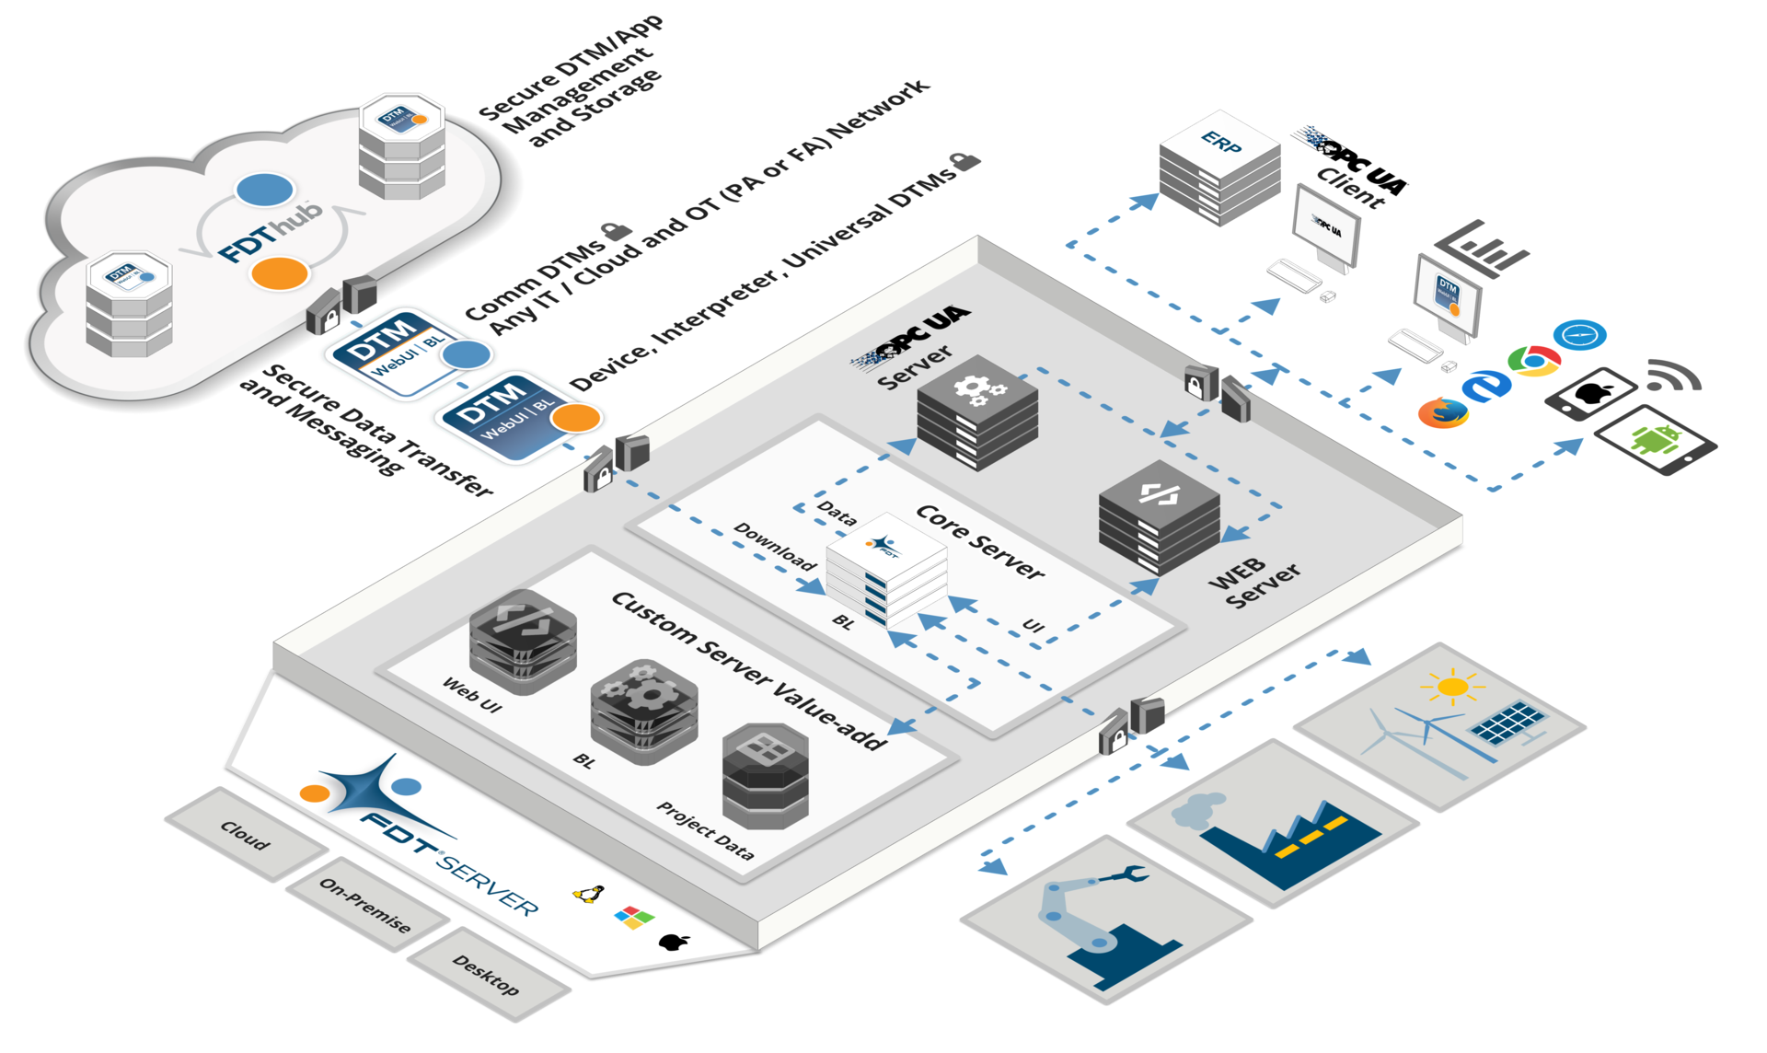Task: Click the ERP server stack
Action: point(1219,170)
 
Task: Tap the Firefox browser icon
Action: point(1442,412)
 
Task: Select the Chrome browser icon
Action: point(1533,360)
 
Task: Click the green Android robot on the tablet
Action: point(1655,439)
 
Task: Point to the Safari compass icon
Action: point(1579,335)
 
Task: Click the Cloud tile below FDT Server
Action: point(246,834)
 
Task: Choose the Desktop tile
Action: point(487,975)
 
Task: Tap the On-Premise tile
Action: point(366,904)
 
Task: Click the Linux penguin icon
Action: point(589,893)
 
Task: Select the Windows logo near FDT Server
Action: point(634,917)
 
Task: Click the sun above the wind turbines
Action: point(1452,687)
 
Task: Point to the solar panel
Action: point(1507,723)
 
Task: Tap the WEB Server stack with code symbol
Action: point(1160,517)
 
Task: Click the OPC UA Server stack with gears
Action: point(977,412)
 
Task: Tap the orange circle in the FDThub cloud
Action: point(280,273)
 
